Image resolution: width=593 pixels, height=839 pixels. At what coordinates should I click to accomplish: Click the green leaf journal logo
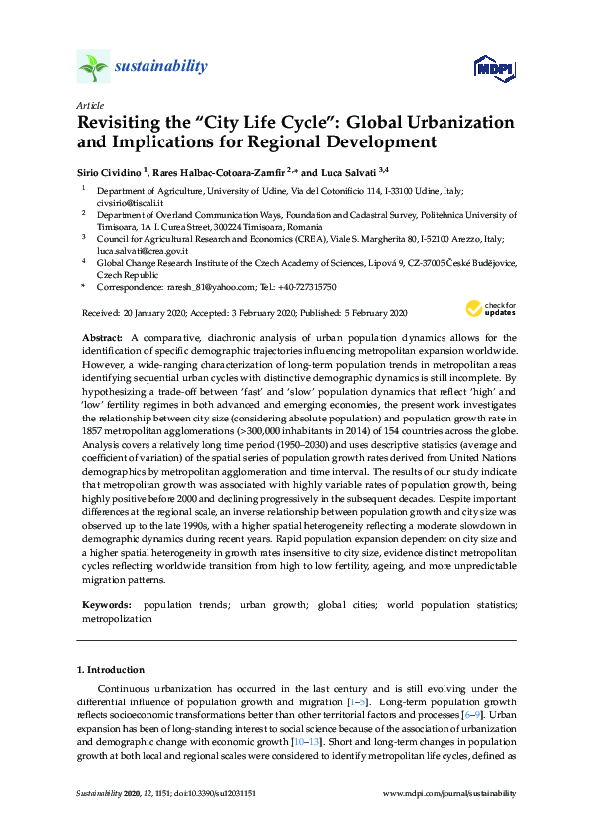(93, 67)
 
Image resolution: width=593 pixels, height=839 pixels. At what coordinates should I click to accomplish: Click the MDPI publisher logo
(495, 67)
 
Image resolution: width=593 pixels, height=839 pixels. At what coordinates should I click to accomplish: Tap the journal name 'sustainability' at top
(160, 67)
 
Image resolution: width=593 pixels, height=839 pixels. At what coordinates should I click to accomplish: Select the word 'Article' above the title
(89, 105)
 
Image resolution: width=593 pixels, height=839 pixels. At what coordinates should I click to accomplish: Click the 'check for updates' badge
(493, 309)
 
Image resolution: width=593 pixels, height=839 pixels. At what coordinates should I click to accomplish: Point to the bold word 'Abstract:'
(103, 338)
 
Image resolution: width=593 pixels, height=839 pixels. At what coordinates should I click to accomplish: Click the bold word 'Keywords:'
(106, 605)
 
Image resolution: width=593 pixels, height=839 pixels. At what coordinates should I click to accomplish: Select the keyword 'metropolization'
(118, 618)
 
